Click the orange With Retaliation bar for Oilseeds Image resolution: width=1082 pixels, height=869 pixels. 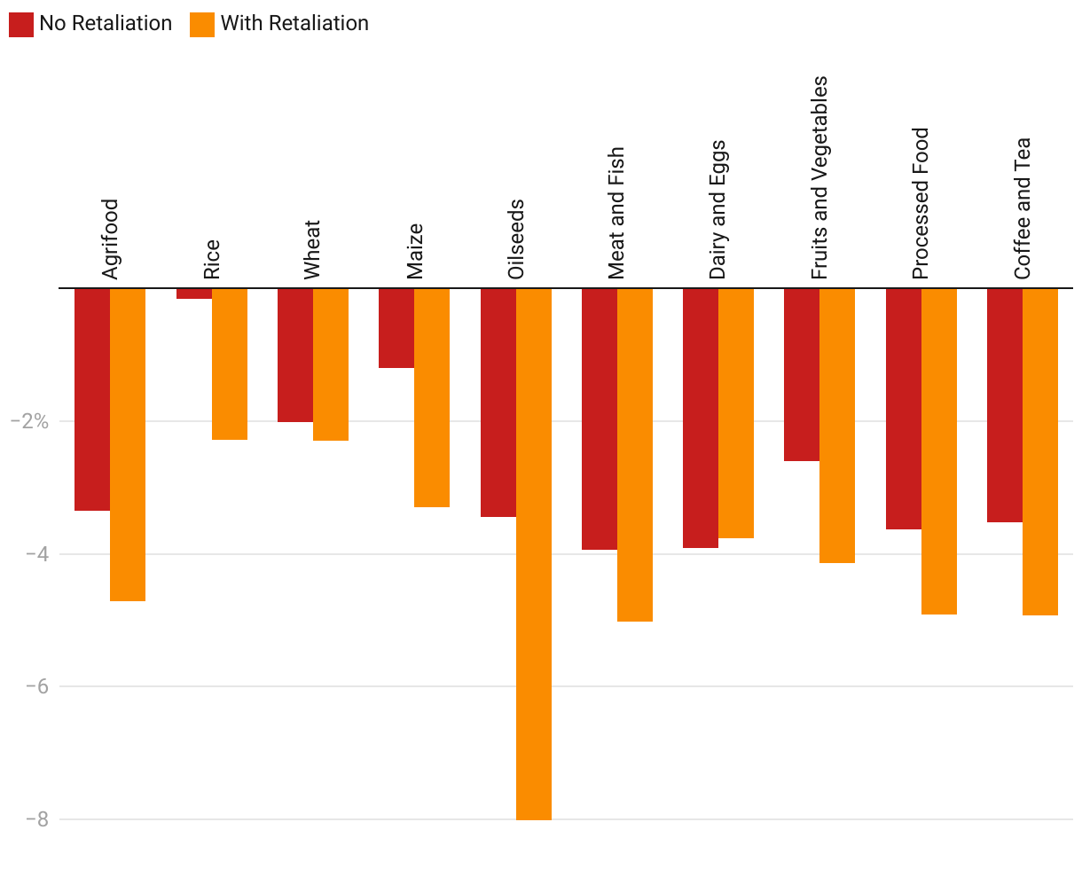click(533, 553)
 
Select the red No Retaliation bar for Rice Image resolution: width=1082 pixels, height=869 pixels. click(193, 294)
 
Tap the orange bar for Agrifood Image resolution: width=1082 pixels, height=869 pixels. click(128, 444)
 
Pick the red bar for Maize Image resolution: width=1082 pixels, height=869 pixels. click(396, 327)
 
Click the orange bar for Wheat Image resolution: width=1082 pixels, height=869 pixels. click(331, 364)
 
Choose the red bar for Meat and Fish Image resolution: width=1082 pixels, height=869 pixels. click(599, 419)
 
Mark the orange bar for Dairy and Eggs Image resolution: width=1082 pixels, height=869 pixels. click(736, 413)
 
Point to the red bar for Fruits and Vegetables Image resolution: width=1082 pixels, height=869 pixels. click(802, 374)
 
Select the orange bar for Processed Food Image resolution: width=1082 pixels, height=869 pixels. click(939, 450)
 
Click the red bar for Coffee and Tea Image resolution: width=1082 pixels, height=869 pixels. click(1005, 404)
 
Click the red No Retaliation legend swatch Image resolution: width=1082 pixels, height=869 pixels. click(21, 24)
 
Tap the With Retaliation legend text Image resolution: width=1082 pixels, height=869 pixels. click(294, 24)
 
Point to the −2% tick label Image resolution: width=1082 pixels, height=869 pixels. click(28, 421)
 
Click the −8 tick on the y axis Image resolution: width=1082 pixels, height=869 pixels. click(35, 819)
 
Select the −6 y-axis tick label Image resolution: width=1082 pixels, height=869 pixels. click(35, 686)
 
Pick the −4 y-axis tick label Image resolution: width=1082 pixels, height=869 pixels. click(35, 554)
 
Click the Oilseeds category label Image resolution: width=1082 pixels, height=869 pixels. click(516, 239)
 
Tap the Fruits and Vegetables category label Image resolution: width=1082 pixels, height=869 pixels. click(819, 177)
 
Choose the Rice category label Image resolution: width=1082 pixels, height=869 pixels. click(212, 260)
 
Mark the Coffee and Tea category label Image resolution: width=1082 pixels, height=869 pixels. click(1023, 208)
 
